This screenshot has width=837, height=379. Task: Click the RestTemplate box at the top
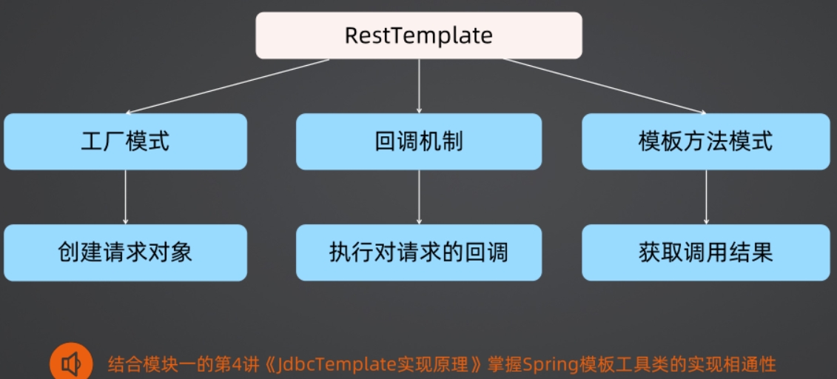[x=419, y=36]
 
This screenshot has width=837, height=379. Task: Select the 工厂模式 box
[x=126, y=141]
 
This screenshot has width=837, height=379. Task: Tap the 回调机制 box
[x=419, y=141]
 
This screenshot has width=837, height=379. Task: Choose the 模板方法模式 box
[x=706, y=141]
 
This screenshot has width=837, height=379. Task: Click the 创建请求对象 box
[x=126, y=252]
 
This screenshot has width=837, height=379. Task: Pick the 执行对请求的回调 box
[x=419, y=252]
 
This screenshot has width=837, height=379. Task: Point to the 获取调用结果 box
[x=706, y=252]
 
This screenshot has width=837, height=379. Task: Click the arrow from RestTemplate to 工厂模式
[x=227, y=86]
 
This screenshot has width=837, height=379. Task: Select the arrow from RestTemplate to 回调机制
[x=419, y=86]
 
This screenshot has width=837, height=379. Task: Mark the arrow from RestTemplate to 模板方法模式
[x=605, y=86]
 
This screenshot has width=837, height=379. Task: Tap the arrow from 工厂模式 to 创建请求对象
[x=126, y=197]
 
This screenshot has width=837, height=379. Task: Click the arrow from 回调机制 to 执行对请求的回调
[x=419, y=197]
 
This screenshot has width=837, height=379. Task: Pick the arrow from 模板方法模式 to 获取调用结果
[x=706, y=197]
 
